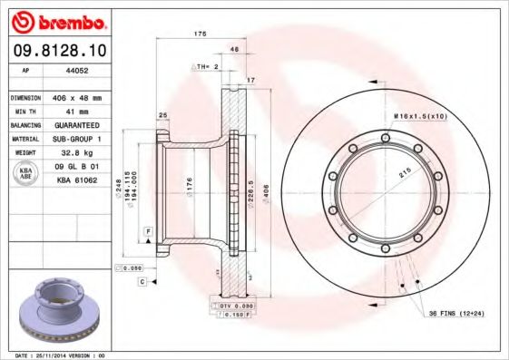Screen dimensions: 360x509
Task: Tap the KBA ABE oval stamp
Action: [27, 172]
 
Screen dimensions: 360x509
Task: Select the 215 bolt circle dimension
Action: [404, 172]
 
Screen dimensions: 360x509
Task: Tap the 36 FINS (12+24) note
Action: [456, 313]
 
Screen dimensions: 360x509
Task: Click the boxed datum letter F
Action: [147, 233]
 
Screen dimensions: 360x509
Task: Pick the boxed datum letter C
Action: [142, 282]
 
